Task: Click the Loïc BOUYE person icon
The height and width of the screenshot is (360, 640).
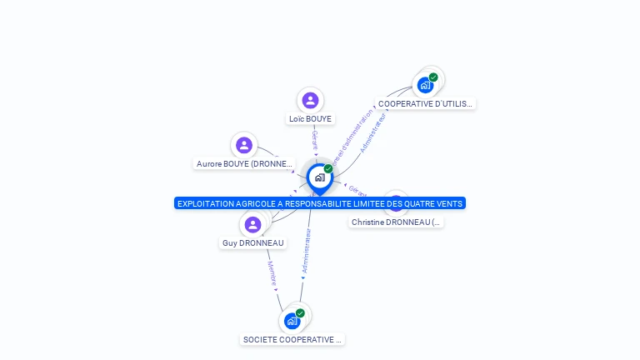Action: click(310, 101)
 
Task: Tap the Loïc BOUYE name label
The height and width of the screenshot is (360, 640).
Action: click(310, 119)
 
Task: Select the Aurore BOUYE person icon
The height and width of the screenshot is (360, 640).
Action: click(244, 146)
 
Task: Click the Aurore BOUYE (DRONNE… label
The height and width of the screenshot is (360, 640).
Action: click(244, 164)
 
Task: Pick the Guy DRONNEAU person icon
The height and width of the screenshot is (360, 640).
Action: click(252, 224)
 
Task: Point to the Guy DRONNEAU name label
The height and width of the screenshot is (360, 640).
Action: click(252, 243)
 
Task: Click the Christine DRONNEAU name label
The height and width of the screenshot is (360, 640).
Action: click(396, 222)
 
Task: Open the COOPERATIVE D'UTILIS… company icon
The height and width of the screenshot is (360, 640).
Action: click(425, 85)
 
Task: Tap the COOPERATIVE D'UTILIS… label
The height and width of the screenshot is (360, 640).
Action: click(425, 104)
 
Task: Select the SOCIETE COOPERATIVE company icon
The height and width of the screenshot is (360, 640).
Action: click(292, 321)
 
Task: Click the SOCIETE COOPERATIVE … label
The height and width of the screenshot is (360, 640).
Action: click(292, 340)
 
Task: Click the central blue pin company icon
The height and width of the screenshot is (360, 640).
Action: click(319, 177)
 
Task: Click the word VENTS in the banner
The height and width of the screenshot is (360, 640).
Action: click(449, 203)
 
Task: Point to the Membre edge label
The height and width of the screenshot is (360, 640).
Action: click(272, 274)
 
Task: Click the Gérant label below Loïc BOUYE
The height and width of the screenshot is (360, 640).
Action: click(315, 140)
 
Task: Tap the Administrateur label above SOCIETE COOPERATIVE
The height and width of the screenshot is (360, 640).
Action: click(307, 252)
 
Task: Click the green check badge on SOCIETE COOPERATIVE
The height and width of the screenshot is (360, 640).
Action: click(300, 313)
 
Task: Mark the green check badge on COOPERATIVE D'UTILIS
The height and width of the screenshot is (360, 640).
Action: click(433, 77)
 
